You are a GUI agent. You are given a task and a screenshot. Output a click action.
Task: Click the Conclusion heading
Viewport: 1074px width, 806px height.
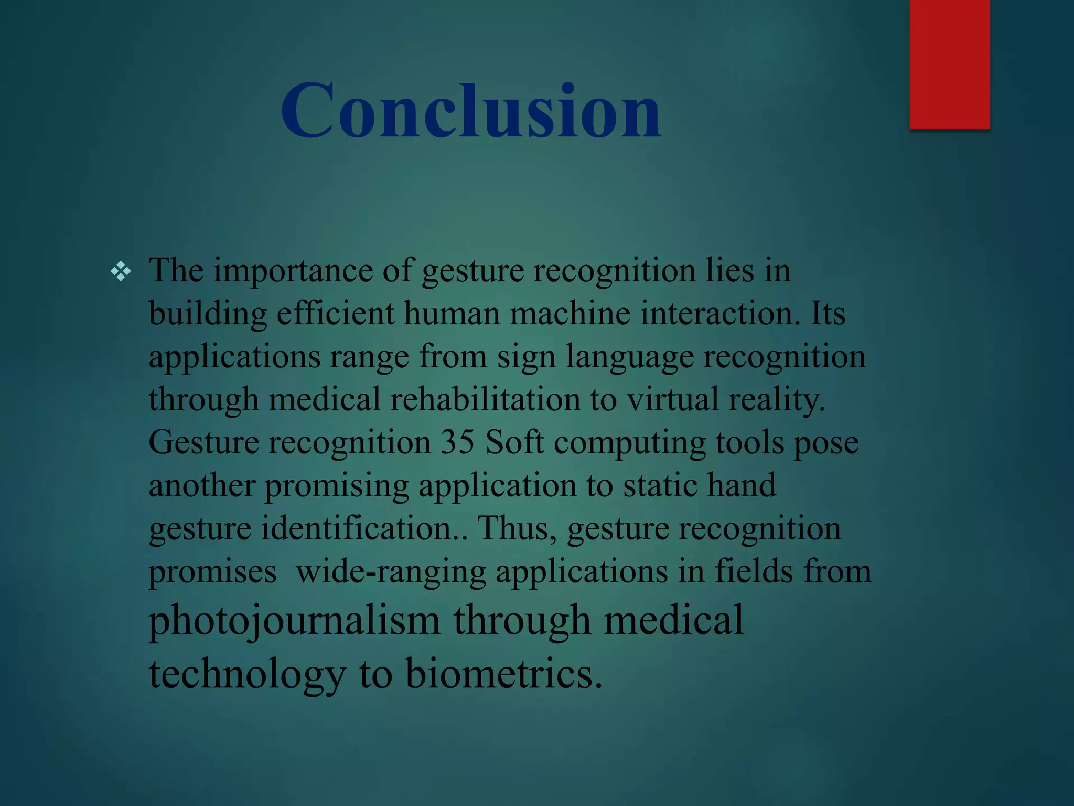click(x=470, y=111)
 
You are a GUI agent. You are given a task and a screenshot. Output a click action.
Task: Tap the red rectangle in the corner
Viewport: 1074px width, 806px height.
click(x=949, y=64)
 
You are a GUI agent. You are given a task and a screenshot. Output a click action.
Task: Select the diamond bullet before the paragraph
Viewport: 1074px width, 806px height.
click(x=121, y=272)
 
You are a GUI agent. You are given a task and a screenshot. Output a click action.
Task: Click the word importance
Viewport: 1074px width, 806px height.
click(x=293, y=271)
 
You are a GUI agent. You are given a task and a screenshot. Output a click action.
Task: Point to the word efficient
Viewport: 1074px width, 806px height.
click(x=335, y=314)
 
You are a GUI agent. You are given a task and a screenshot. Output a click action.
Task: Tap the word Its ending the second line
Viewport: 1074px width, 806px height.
click(x=828, y=314)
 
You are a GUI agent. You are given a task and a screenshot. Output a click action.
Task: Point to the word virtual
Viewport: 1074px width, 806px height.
click(x=672, y=400)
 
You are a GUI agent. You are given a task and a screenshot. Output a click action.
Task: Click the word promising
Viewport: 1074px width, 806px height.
click(x=336, y=486)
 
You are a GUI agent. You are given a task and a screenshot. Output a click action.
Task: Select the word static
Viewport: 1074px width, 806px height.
click(x=660, y=485)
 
